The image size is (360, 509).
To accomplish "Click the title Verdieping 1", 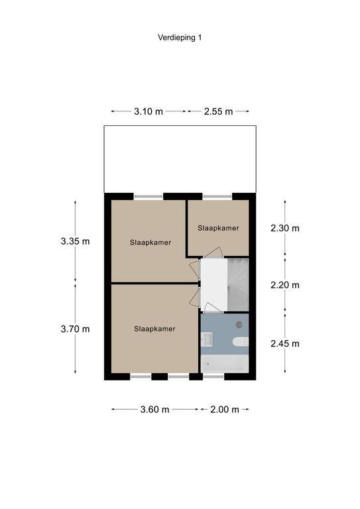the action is click(x=180, y=38).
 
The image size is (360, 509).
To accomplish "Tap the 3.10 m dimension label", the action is click(x=149, y=111).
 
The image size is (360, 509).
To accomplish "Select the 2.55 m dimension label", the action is click(x=219, y=111).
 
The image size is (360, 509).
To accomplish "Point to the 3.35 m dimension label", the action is click(x=75, y=241).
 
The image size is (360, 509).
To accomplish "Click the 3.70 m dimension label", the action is click(x=75, y=329).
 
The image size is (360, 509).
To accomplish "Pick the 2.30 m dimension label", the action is click(x=285, y=228).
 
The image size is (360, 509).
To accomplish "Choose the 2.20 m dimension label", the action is click(x=285, y=285).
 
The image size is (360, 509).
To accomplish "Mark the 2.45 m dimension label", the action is click(x=285, y=343).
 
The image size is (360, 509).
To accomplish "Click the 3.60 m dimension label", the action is click(x=155, y=410).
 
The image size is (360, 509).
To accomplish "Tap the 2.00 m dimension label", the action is click(x=225, y=410).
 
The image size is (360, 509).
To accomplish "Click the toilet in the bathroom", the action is click(x=241, y=342).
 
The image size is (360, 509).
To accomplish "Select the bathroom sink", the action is click(x=206, y=339).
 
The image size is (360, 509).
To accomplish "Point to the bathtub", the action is click(x=225, y=364).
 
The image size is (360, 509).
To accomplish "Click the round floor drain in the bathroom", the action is click(x=239, y=324).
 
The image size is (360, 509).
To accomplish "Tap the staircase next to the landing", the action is click(x=238, y=285).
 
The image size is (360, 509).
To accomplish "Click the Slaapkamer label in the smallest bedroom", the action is click(x=218, y=228).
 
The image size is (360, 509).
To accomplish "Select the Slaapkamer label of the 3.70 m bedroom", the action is click(x=154, y=329).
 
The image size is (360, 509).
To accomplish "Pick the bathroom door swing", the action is click(x=211, y=308).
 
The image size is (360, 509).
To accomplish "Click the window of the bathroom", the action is click(x=213, y=376).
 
